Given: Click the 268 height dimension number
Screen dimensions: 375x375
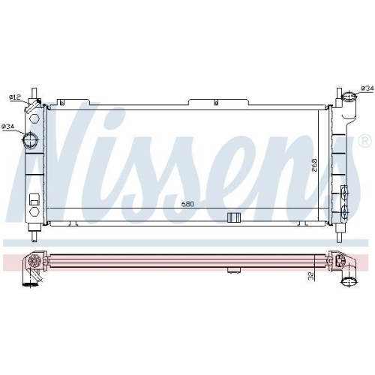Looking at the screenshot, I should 316,164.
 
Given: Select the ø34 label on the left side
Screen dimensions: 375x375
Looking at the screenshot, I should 8,126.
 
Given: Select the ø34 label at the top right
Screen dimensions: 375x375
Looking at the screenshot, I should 367,88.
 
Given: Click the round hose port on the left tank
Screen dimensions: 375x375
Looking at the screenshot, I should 32,139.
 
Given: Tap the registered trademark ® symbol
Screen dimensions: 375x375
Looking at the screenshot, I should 364,141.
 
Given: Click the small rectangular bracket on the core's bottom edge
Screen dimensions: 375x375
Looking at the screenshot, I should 233,217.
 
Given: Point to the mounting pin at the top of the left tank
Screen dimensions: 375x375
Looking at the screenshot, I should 34,93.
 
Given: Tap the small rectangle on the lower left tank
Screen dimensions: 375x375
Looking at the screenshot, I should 34,200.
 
